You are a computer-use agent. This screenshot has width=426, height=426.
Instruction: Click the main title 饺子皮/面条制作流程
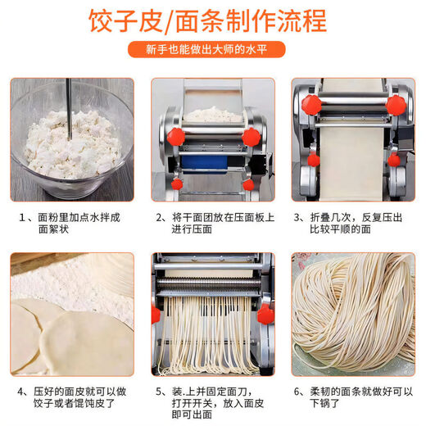[x=212, y=21]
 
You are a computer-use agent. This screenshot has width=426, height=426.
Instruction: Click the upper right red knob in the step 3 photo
[x=396, y=105]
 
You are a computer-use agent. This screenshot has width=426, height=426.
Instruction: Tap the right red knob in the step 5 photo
[x=264, y=314]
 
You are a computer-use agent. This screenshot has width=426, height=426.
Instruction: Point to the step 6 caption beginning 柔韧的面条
[x=354, y=391]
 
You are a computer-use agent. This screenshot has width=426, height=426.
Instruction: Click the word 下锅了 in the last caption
[x=324, y=404]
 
